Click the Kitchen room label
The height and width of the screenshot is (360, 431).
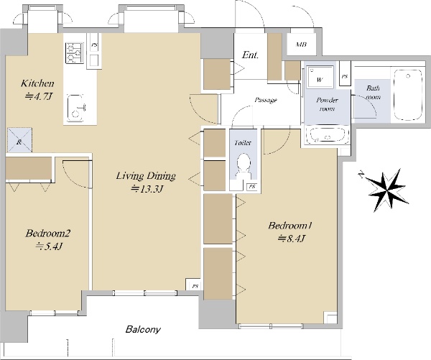37,83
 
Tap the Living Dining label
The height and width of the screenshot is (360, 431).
146,176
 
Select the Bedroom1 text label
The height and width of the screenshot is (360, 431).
290,226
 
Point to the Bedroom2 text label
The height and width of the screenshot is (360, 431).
48,234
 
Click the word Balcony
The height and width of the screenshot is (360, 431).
143,329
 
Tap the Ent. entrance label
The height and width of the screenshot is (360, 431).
250,55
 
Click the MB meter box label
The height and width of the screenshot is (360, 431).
301,45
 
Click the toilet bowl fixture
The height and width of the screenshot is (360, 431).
244,165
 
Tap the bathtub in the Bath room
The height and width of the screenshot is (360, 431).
408,95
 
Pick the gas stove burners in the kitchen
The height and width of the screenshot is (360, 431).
74,53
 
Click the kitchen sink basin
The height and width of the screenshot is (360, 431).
75,109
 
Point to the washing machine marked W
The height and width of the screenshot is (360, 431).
320,77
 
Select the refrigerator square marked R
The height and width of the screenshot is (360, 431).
20,140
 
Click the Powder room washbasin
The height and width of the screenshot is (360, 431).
328,135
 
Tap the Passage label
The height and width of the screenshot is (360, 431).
266,100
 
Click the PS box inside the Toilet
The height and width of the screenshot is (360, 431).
252,187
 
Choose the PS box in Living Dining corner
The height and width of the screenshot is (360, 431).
195,286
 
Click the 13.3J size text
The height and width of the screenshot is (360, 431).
147,189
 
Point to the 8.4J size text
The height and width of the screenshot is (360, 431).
292,238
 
